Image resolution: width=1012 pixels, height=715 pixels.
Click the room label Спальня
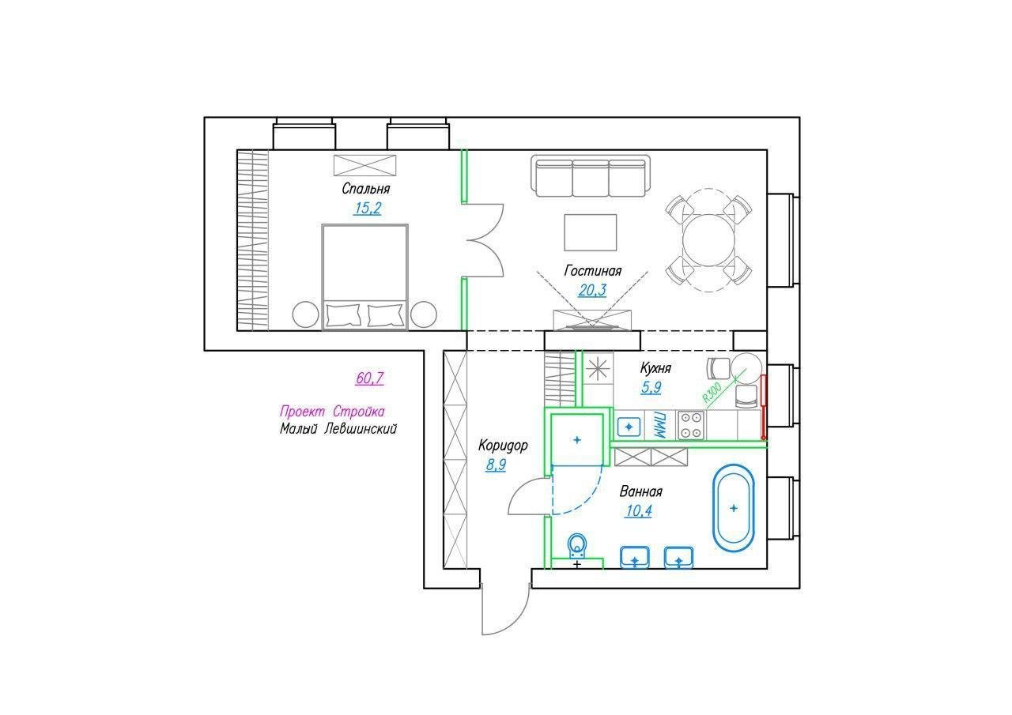[365, 189]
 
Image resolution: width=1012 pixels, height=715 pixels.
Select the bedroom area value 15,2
[368, 208]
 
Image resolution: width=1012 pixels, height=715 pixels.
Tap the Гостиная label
[593, 270]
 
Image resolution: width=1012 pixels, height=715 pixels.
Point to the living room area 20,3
[592, 290]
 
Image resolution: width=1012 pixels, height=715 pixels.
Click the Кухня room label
[655, 368]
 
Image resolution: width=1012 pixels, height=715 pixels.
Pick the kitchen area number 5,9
[651, 387]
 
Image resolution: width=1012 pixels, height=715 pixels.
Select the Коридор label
[503, 446]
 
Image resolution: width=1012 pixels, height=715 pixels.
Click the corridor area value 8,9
[496, 465]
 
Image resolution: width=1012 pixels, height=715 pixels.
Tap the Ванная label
[640, 491]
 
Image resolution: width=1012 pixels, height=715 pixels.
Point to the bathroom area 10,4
[639, 510]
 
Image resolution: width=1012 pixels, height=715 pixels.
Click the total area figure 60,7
[369, 378]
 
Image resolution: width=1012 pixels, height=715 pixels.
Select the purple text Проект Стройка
[332, 411]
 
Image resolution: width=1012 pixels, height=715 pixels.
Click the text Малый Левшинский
[338, 428]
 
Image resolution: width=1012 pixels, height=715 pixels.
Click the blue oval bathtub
[733, 508]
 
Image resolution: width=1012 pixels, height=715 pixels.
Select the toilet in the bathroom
[576, 546]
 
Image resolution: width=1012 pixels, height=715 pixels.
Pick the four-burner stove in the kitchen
[691, 425]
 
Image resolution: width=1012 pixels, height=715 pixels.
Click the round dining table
[708, 240]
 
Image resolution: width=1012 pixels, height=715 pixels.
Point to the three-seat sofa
[591, 176]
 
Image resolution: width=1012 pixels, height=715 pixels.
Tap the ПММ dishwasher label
[660, 425]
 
